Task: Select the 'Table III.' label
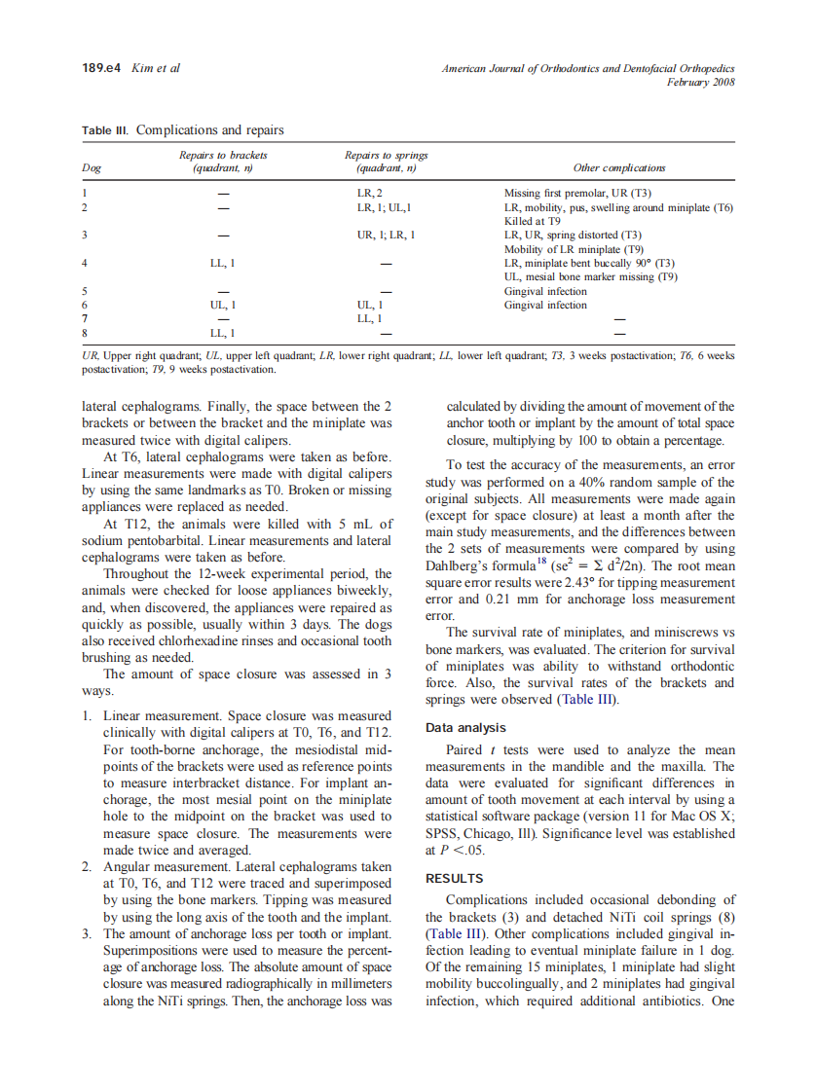coord(105,129)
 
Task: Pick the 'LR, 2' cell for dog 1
coord(370,194)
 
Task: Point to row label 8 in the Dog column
coord(86,332)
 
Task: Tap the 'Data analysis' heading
coord(465,727)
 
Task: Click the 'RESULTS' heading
coord(455,878)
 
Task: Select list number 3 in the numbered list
coord(87,933)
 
